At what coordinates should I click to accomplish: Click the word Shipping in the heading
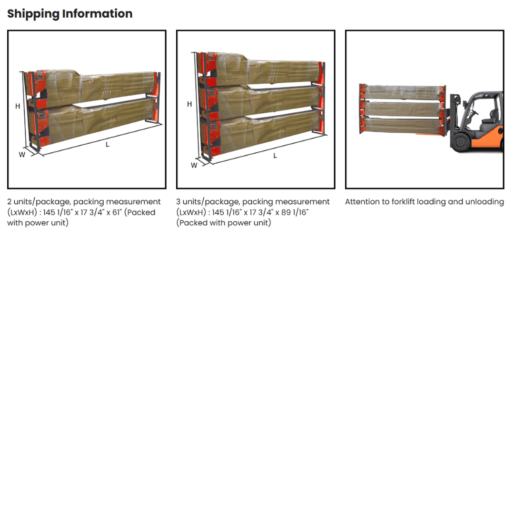33,14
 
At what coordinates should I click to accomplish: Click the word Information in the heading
98,13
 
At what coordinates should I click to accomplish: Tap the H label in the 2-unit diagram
18,106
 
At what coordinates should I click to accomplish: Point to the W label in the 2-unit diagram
22,155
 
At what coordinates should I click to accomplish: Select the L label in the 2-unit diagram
108,145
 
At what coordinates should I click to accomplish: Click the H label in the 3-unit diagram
189,104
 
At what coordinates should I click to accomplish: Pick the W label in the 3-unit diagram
194,166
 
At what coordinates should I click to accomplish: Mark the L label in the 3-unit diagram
275,156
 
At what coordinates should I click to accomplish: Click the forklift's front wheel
460,142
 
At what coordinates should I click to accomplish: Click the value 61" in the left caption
117,212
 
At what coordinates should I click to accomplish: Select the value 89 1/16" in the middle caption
295,212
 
